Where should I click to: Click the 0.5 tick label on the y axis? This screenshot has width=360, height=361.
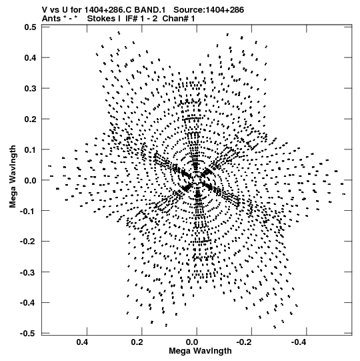tap(30, 27)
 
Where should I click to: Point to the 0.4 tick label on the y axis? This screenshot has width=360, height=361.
tap(30, 57)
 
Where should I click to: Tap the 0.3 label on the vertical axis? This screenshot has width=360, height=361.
tap(30, 88)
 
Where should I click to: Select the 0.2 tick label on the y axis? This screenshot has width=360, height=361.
tap(30, 119)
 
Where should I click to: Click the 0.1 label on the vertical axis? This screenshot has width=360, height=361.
tap(30, 149)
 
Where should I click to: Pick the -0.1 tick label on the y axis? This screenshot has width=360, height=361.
tap(28, 211)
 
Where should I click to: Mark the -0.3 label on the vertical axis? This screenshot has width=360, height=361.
tap(28, 272)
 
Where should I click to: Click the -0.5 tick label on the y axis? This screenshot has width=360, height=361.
tap(28, 334)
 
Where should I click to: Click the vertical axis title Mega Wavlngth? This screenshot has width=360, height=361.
tap(13, 177)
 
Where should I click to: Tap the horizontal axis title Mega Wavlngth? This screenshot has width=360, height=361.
tap(200, 351)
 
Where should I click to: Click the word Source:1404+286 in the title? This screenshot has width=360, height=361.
tap(209, 10)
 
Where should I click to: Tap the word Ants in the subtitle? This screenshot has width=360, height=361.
tap(51, 19)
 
